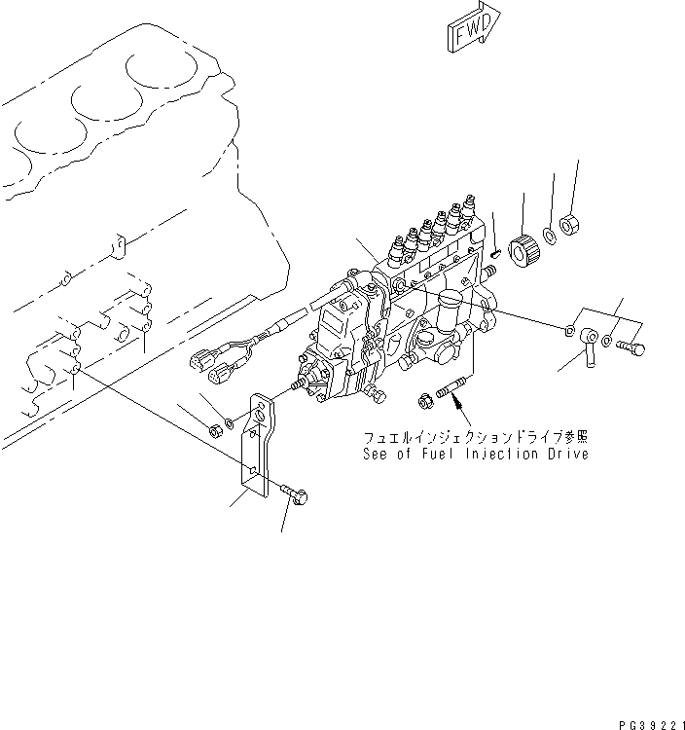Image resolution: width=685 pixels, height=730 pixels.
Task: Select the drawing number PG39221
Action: pyautogui.click(x=642, y=722)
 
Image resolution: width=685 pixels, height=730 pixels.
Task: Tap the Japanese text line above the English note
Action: pyautogui.click(x=475, y=437)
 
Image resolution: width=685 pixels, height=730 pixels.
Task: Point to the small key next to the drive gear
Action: pyautogui.click(x=495, y=255)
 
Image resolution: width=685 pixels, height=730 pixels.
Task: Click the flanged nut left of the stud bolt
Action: pyautogui.click(x=425, y=398)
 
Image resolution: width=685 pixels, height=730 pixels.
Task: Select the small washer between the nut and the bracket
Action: pyautogui.click(x=230, y=420)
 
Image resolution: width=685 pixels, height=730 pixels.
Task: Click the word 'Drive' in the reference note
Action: pyautogui.click(x=566, y=455)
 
